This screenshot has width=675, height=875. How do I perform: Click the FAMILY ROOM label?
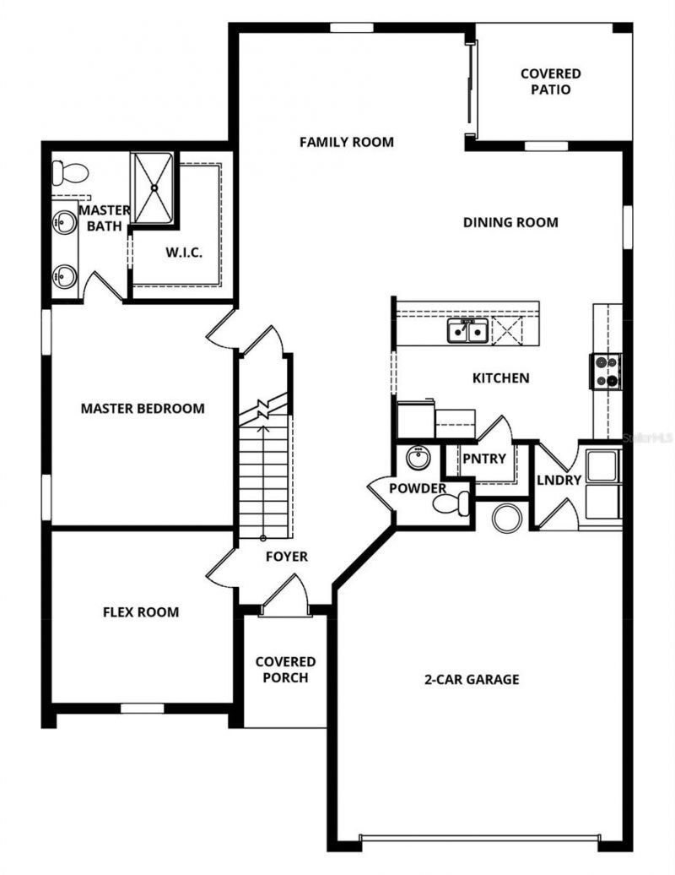tap(346, 142)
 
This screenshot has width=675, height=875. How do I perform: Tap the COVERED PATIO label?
tap(550, 82)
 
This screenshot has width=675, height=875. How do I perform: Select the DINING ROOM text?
tap(510, 223)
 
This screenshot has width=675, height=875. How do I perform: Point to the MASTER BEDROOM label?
tap(143, 409)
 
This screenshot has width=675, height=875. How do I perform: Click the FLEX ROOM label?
tap(141, 612)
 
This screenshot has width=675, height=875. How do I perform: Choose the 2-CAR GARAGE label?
tap(472, 679)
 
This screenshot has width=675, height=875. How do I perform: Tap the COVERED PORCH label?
tap(285, 670)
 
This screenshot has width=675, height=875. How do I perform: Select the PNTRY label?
tap(483, 459)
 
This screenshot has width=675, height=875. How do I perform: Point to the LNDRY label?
tap(559, 480)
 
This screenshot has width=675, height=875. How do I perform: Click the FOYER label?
tap(287, 557)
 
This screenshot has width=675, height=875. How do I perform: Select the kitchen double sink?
tap(467, 332)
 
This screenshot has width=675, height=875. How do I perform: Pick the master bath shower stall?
tap(154, 188)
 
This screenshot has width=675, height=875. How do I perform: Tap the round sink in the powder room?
tap(417, 459)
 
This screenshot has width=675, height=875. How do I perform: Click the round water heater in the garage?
tap(508, 518)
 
